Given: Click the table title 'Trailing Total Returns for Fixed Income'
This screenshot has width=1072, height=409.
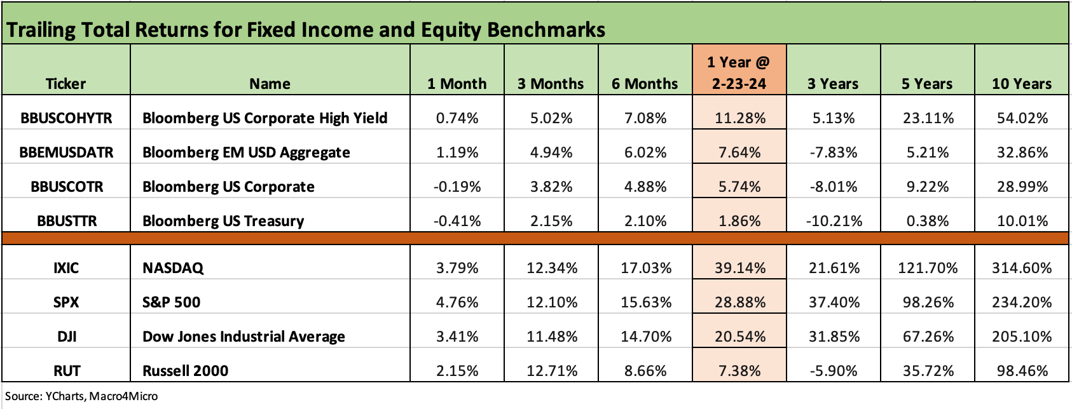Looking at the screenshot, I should (306, 30).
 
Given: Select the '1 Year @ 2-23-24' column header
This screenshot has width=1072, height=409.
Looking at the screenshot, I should (739, 72).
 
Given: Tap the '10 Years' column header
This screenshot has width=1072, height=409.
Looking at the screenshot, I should (1022, 84).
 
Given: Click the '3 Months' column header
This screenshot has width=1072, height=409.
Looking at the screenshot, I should (551, 84).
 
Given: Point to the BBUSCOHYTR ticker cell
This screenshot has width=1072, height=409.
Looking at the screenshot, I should (66, 118).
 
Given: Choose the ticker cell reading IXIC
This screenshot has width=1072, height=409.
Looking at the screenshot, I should (66, 268).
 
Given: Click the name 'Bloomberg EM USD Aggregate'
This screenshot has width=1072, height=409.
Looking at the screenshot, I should (246, 152).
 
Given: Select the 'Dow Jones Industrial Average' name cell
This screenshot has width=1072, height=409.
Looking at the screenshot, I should (244, 337).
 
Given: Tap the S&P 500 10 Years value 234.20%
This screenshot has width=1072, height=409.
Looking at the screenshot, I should (1022, 302).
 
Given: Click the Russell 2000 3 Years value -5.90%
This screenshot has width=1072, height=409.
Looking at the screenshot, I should (834, 371).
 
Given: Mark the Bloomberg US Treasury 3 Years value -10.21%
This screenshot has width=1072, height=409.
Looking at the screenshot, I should (834, 221).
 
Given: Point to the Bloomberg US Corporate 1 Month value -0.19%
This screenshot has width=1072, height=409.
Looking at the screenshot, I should (457, 187).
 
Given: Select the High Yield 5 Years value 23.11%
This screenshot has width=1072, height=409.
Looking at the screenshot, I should (928, 118).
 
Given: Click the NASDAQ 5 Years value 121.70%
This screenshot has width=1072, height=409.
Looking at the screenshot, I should (928, 268).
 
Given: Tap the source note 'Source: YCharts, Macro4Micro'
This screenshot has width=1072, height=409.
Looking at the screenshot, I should (81, 396).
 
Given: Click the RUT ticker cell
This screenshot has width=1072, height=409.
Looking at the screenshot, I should (66, 371).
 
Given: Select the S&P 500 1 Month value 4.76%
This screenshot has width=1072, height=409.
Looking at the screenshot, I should (457, 302).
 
